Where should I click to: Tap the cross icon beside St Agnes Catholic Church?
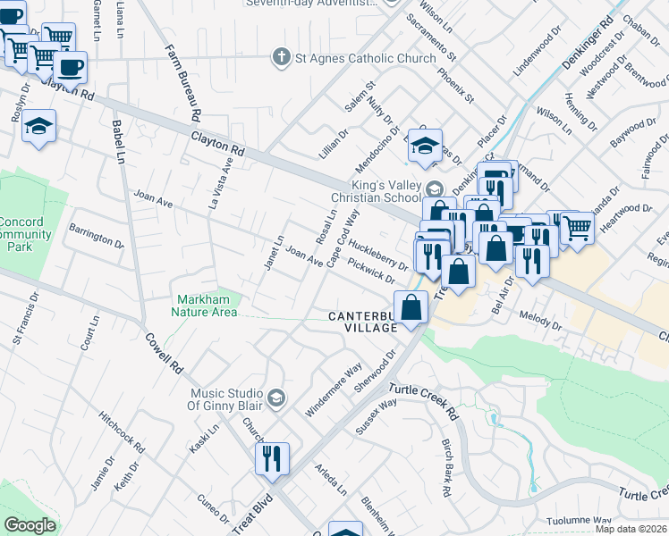[x=282, y=58]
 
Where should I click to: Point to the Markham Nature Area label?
[x=205, y=306]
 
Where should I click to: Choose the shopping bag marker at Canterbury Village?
[x=410, y=308]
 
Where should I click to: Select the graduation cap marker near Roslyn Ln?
[x=39, y=126]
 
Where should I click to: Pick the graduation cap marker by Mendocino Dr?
[x=425, y=146]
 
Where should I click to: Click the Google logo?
[x=30, y=525]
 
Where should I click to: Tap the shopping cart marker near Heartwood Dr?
[x=577, y=229]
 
